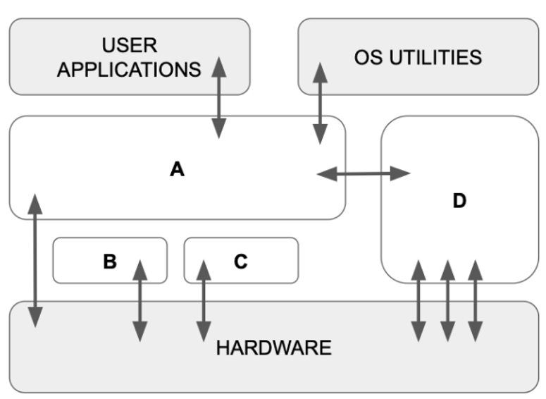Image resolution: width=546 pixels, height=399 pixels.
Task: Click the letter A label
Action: (177, 169)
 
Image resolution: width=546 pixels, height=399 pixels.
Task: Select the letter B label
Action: (110, 262)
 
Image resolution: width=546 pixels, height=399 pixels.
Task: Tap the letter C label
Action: (241, 262)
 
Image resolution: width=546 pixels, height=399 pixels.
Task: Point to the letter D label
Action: (459, 202)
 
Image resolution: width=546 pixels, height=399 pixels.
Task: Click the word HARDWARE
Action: (273, 348)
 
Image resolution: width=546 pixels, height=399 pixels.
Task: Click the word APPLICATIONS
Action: (129, 70)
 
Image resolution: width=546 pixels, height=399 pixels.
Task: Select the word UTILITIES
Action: (437, 57)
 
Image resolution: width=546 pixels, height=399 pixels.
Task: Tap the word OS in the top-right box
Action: (369, 57)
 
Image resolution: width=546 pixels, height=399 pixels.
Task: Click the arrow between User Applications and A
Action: (219, 97)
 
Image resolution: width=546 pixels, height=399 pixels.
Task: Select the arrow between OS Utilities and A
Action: (321, 103)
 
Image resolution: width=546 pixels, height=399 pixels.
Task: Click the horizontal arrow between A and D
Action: (364, 173)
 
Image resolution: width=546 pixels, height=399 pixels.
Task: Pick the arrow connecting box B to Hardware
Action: (140, 300)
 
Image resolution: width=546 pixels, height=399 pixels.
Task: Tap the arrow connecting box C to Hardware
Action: (204, 300)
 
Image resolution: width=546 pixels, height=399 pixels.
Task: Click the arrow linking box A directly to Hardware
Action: (35, 259)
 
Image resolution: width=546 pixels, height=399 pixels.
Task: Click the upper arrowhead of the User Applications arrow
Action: (219, 66)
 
